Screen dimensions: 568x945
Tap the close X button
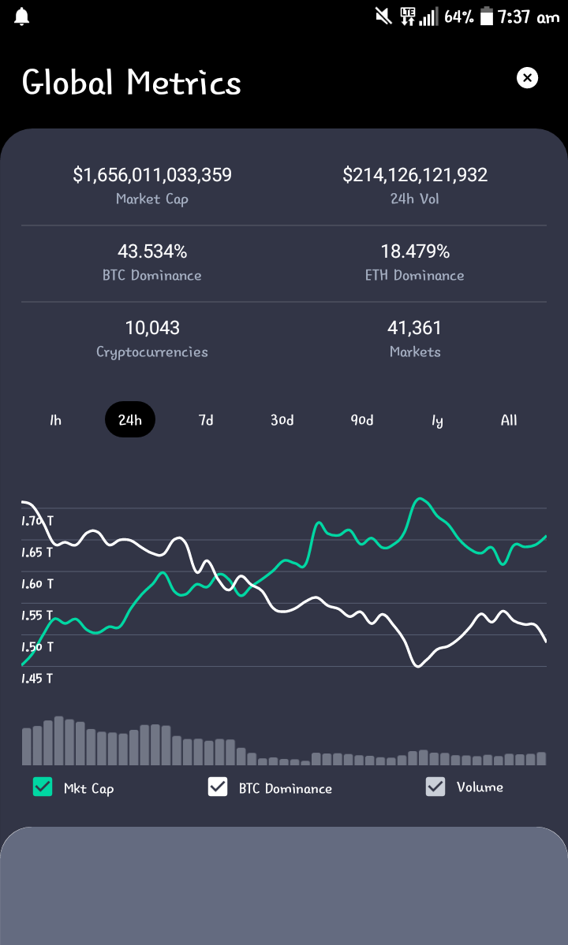(527, 78)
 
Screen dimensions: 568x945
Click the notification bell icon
(22, 17)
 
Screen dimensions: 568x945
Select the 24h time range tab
(130, 419)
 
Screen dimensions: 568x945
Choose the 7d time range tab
(206, 420)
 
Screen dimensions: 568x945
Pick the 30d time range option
(282, 420)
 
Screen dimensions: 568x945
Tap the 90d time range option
(362, 420)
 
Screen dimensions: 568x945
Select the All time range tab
(509, 420)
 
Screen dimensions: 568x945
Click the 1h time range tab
(55, 420)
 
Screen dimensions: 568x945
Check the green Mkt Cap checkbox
(43, 787)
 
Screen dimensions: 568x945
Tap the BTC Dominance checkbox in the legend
(218, 787)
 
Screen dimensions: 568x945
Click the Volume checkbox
(435, 787)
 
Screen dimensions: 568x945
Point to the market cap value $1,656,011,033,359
(152, 175)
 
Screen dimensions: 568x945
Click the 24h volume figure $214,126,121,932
(416, 175)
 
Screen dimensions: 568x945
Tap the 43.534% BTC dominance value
(152, 251)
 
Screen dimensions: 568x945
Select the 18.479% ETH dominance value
(416, 251)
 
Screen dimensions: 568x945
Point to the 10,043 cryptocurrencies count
(152, 328)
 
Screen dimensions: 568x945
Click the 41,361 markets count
(415, 328)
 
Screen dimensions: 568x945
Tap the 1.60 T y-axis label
(37, 583)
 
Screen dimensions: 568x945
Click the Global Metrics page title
(132, 82)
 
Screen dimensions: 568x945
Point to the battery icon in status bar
(487, 17)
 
